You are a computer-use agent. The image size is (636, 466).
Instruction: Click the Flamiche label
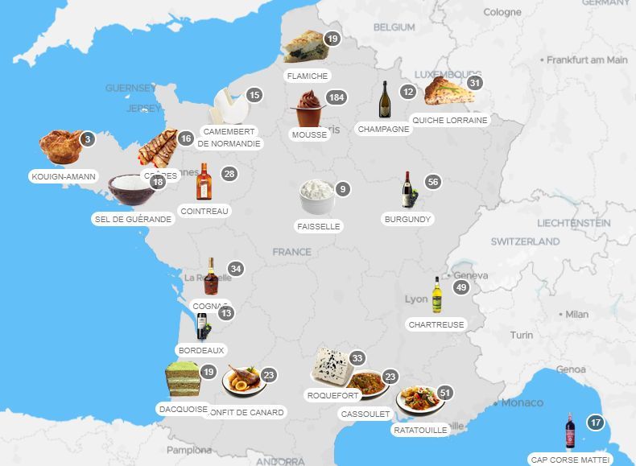point(307,76)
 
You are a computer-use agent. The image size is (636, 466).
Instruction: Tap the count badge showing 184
point(337,97)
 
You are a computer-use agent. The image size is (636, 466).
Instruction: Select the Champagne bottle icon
point(385,100)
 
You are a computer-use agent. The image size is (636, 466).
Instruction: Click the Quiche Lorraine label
point(449,120)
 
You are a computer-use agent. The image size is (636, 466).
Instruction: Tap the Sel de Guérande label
point(134,219)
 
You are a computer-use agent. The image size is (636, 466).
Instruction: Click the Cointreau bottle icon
point(203,182)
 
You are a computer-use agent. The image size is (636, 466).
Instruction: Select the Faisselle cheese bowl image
point(316,196)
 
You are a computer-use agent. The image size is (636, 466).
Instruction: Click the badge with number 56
point(433,182)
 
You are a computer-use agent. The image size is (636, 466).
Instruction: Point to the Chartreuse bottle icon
point(437,295)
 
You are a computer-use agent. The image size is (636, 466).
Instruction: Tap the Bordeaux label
point(201,350)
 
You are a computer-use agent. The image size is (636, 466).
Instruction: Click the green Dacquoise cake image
point(182,380)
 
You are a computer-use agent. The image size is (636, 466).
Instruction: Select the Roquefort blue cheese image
point(331,366)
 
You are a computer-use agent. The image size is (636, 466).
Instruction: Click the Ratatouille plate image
point(419,399)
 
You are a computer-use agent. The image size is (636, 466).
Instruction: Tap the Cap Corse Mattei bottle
point(571,432)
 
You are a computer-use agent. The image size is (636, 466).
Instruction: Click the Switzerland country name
point(525,241)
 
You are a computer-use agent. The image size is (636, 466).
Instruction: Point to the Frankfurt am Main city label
point(587,60)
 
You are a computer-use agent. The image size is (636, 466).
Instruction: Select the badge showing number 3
point(88,138)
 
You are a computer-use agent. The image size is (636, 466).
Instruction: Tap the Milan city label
point(576,314)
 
